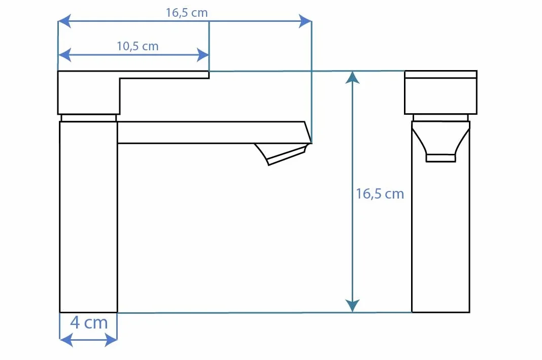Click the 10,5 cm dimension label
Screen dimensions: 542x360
tap(138, 46)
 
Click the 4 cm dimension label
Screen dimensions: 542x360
tap(89, 322)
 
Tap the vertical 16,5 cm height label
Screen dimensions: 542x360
tap(380, 193)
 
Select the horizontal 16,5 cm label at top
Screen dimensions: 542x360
tap(187, 13)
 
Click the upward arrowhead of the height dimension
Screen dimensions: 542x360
tap(352, 78)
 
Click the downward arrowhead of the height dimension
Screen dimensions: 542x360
tap(352, 306)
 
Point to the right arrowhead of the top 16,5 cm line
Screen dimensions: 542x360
tap(305, 21)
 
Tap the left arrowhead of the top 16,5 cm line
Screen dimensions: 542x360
tap(64, 21)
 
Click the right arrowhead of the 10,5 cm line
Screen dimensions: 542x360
tap(202, 55)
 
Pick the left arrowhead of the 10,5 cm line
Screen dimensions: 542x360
tap(64, 55)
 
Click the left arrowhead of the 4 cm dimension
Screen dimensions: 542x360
tap(66, 340)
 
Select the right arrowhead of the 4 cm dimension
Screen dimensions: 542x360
tap(111, 340)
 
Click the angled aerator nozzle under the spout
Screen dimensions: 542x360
tap(281, 154)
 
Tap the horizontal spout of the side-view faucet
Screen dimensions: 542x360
tap(214, 133)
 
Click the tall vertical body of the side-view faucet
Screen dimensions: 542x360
tap(88, 217)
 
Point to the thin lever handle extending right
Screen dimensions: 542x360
tap(164, 75)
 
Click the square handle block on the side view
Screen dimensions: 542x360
tap(88, 93)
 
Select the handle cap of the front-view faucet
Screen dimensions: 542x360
tap(441, 92)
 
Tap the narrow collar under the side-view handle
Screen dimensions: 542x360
tap(88, 118)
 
